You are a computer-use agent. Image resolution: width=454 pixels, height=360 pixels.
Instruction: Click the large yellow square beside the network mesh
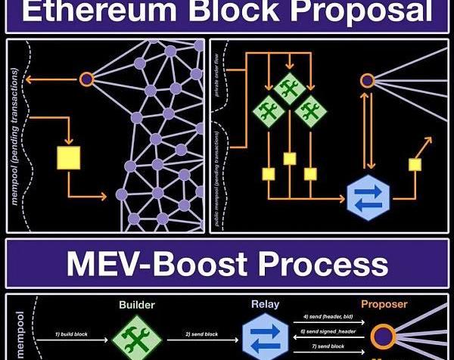point(69,158)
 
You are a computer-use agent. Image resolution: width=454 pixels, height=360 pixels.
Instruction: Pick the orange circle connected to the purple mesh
point(86,78)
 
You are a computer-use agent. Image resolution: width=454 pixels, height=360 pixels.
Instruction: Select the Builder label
point(136,305)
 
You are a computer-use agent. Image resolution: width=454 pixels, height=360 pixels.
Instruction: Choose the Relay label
point(265,305)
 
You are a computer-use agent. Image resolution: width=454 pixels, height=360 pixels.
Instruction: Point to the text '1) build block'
point(75,334)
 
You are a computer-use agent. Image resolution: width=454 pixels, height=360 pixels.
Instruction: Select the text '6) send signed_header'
point(328,332)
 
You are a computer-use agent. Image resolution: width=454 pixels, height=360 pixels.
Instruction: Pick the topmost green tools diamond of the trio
point(288,89)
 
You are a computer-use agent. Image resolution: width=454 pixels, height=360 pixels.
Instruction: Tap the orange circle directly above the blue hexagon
point(368,80)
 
